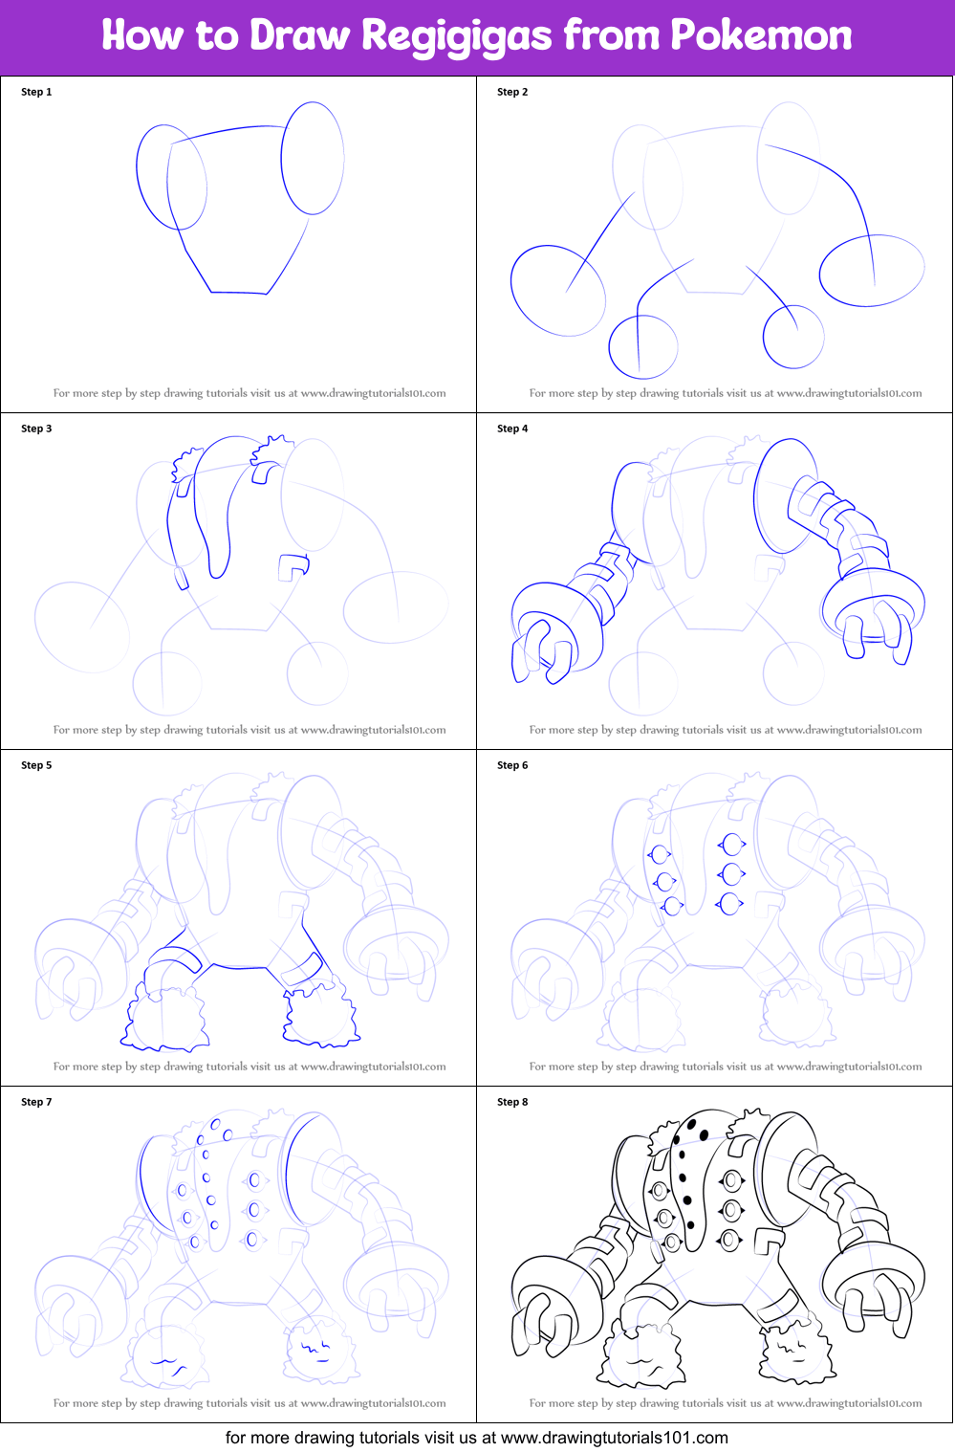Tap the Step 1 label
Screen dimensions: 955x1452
[36, 92]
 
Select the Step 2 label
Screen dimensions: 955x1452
[512, 92]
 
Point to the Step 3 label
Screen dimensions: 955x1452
[36, 429]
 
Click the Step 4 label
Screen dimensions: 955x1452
[512, 429]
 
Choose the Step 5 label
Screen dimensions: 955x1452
[36, 765]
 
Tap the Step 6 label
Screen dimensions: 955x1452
[512, 765]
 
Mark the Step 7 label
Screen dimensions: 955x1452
[36, 1101]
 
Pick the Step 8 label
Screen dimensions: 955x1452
[512, 1101]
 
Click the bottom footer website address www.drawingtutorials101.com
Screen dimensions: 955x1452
[615, 1437]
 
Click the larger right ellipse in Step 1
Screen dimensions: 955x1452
[281, 158]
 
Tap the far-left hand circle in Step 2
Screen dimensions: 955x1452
[511, 290]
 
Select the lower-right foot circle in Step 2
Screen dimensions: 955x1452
[763, 337]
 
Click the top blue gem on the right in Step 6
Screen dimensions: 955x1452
[732, 845]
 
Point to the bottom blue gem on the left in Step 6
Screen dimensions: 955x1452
[672, 906]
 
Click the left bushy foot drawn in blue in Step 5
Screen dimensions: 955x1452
[163, 1018]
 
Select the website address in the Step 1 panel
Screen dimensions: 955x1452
[373, 393]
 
